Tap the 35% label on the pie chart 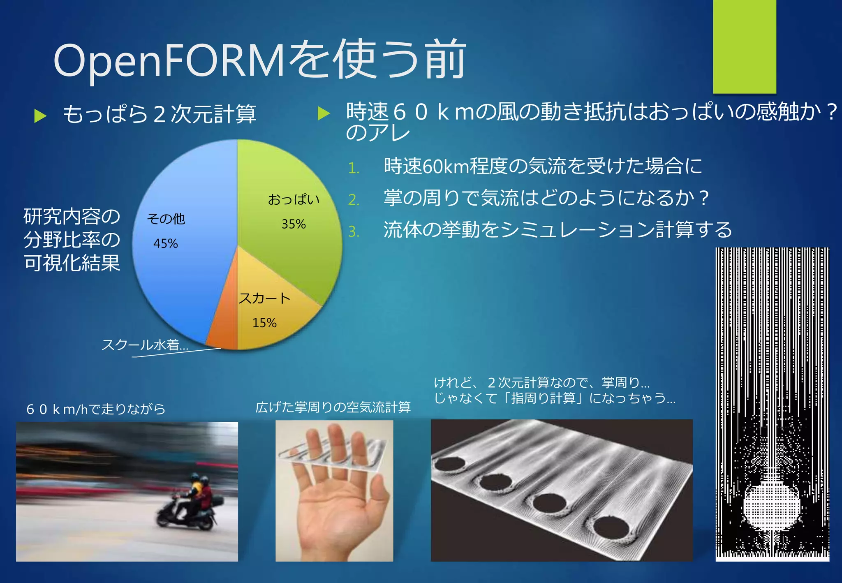pyautogui.click(x=294, y=224)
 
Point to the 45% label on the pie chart pyautogui.click(x=166, y=243)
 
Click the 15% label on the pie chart pyautogui.click(x=264, y=323)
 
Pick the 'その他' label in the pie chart pyautogui.click(x=166, y=219)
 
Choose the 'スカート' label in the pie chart pyautogui.click(x=264, y=298)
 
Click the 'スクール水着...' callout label pyautogui.click(x=145, y=345)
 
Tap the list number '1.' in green pyautogui.click(x=354, y=168)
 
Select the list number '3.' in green pyautogui.click(x=354, y=232)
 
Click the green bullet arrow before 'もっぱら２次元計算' pyautogui.click(x=40, y=116)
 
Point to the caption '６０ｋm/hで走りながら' pyautogui.click(x=96, y=409)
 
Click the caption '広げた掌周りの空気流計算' pyautogui.click(x=333, y=407)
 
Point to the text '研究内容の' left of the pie pyautogui.click(x=72, y=216)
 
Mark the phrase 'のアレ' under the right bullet pyautogui.click(x=378, y=133)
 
